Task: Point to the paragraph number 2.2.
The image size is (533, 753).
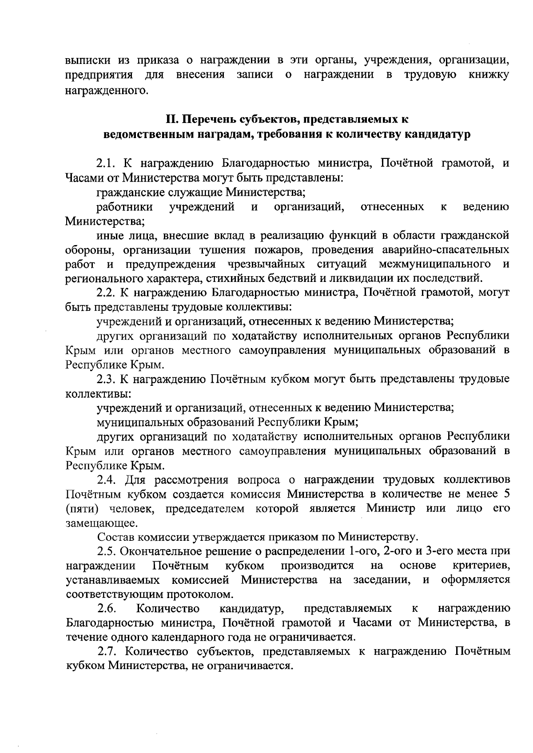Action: tap(107, 293)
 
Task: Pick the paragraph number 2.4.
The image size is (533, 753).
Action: tap(107, 480)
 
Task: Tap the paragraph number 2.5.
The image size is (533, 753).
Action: tap(107, 551)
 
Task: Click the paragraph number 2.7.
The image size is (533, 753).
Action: tap(107, 652)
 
